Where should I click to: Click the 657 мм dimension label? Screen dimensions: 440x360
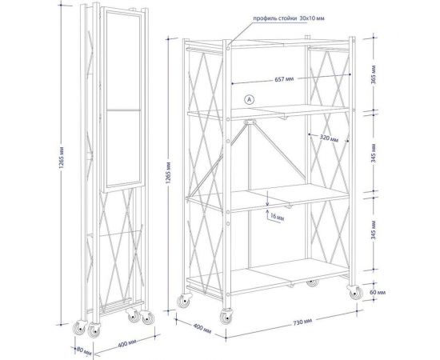point(284,79)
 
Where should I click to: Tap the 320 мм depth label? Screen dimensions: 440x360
point(329,138)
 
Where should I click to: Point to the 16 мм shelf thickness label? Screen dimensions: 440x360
point(278,217)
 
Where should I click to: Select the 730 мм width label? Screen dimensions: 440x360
point(302,322)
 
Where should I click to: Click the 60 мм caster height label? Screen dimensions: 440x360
point(378,292)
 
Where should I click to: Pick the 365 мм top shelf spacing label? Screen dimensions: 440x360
point(374,74)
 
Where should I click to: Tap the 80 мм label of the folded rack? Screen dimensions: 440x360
point(84,350)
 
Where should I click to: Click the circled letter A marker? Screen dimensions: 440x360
point(249,99)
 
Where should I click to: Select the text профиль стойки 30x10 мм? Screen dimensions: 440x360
point(289,18)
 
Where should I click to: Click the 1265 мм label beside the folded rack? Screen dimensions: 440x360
point(62,158)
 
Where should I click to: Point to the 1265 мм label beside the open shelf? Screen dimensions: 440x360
point(168,173)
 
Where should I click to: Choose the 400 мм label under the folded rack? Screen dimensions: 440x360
point(127,343)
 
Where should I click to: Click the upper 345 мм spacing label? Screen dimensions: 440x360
point(374,154)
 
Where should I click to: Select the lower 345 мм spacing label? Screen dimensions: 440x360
point(374,230)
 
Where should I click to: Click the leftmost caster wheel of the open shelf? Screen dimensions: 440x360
point(184,301)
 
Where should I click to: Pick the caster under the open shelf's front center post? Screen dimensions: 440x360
point(226,316)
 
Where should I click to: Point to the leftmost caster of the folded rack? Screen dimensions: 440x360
point(79,328)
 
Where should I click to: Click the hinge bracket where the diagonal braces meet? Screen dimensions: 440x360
point(250,122)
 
